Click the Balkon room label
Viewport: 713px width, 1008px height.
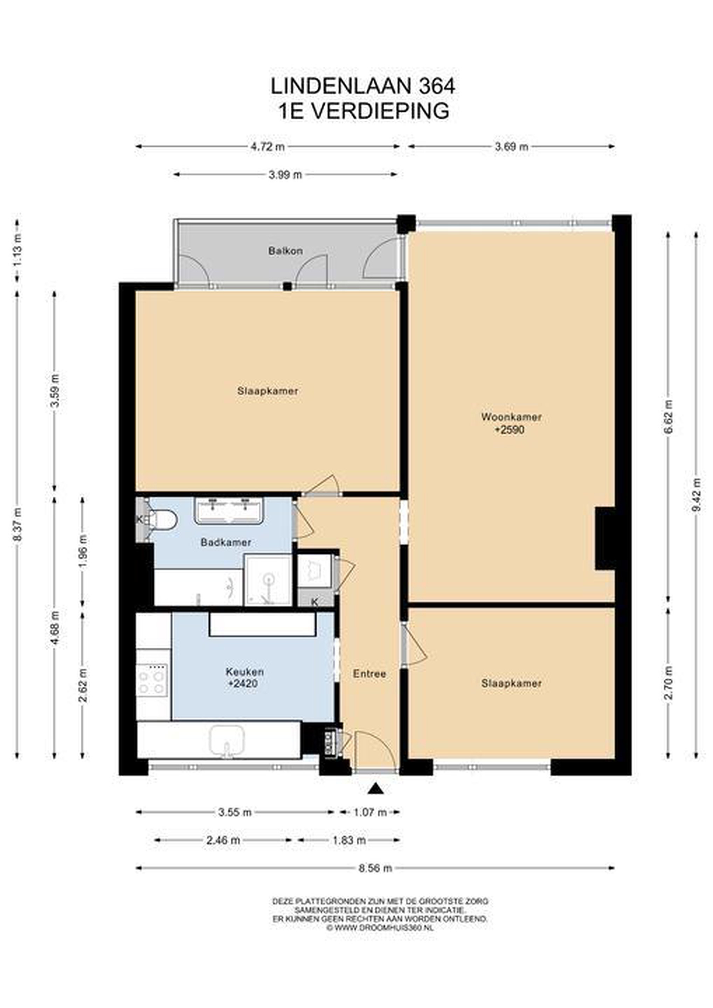285,251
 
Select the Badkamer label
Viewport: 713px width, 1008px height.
226,542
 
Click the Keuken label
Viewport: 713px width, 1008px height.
245,672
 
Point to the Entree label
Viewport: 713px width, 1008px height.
369,674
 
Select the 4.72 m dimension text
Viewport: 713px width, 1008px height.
268,147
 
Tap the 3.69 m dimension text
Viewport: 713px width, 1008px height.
511,147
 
